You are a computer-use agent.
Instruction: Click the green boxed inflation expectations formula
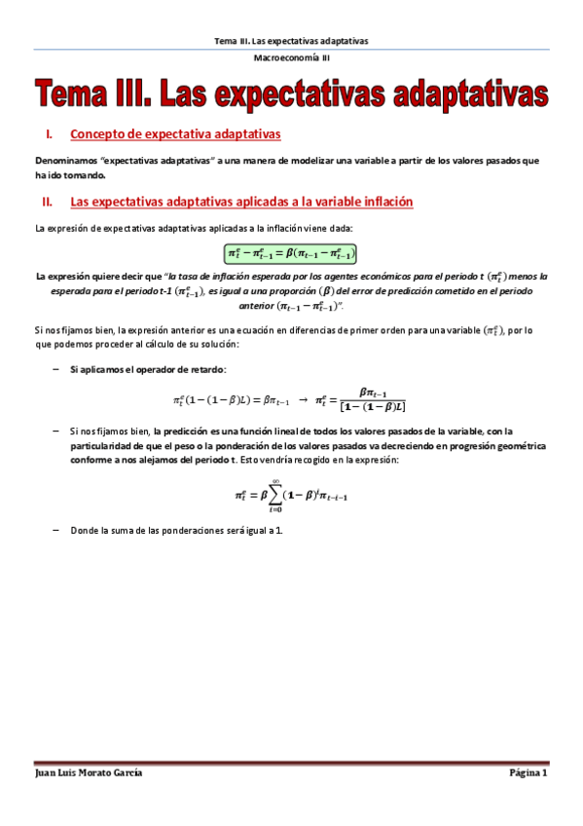[291, 254]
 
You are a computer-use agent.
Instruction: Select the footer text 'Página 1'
[529, 772]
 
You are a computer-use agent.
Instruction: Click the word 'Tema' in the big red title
[77, 95]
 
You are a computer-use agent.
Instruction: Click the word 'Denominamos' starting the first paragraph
[64, 161]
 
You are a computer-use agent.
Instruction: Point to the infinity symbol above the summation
[277, 480]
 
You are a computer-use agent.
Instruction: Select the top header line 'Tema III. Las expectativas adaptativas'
[291, 41]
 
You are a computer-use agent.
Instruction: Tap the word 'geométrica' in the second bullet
[522, 445]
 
